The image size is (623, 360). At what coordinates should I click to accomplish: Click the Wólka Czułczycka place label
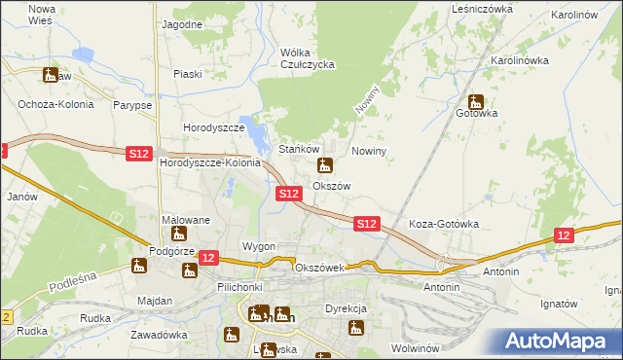point(307,58)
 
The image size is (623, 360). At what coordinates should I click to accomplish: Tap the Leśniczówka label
point(482,8)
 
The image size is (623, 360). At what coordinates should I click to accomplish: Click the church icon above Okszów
point(325,165)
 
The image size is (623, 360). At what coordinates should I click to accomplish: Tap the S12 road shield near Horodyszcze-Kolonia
point(139,153)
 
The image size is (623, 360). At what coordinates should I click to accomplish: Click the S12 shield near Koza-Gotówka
point(366,224)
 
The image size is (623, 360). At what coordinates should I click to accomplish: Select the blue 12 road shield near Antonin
point(564,235)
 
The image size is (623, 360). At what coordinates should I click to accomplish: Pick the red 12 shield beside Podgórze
point(207,257)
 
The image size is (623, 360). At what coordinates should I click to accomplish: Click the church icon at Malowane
point(178,234)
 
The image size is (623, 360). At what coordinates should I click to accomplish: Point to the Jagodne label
point(182,23)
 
